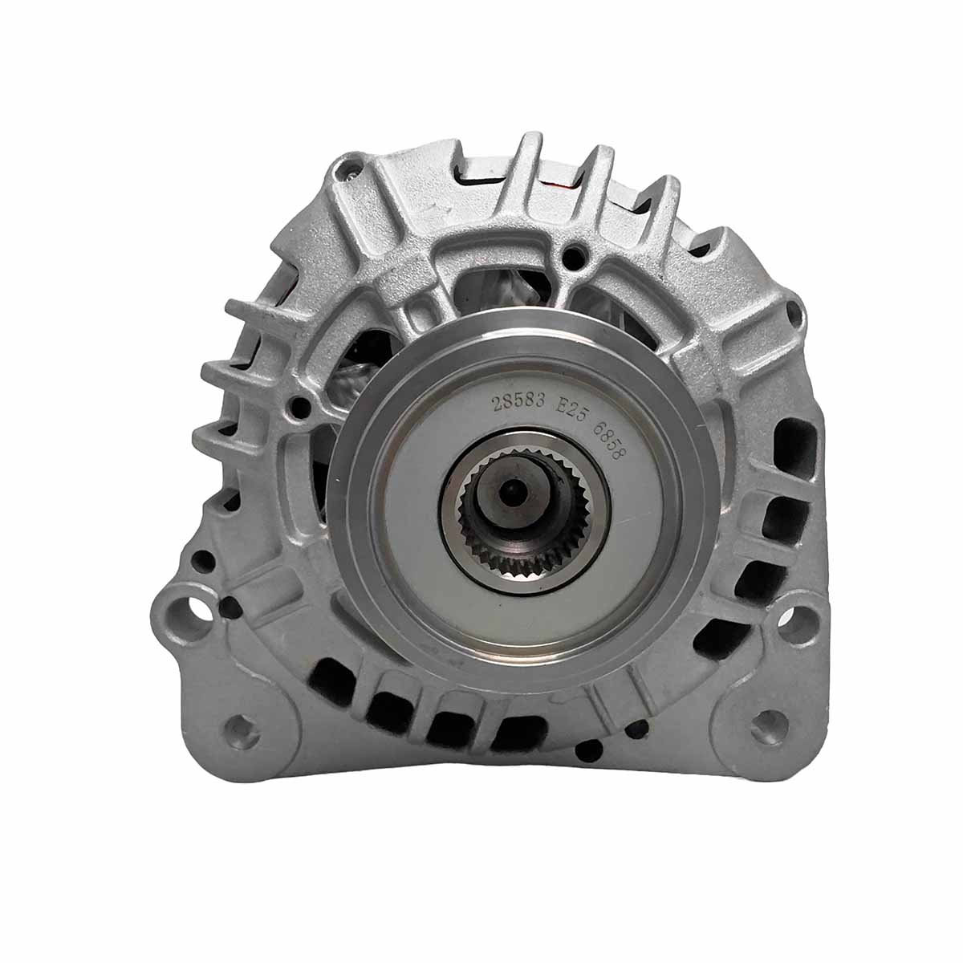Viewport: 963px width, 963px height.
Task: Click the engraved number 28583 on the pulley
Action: pyautogui.click(x=518, y=400)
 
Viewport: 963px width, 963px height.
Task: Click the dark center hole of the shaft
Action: pyautogui.click(x=511, y=491)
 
